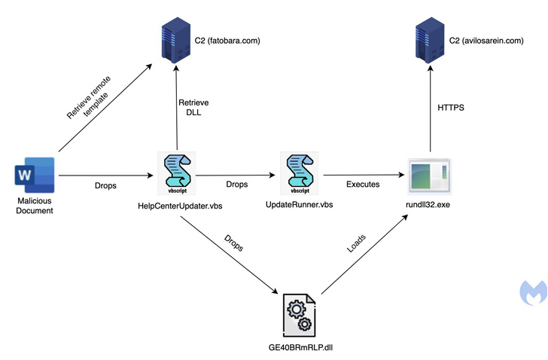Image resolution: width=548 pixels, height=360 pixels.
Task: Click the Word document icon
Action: tap(35, 176)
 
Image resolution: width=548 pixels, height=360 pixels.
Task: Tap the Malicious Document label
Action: tap(35, 206)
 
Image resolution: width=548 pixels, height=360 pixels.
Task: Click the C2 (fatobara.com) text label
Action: tap(227, 41)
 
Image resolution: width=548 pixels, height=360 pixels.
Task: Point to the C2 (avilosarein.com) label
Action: tap(486, 41)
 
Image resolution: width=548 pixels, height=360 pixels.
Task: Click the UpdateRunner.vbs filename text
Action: tap(300, 205)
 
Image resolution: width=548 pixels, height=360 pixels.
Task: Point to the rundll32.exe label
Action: tap(428, 205)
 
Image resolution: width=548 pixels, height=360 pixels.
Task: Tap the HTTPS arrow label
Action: tap(451, 108)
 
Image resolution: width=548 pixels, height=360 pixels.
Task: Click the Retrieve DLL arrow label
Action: tap(193, 108)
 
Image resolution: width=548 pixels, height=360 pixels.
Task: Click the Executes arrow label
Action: tap(363, 184)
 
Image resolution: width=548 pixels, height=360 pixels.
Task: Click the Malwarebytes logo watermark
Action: tap(533, 291)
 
